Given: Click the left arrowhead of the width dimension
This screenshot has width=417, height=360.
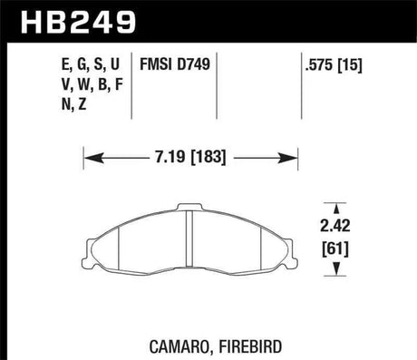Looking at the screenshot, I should pyautogui.click(x=89, y=161).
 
